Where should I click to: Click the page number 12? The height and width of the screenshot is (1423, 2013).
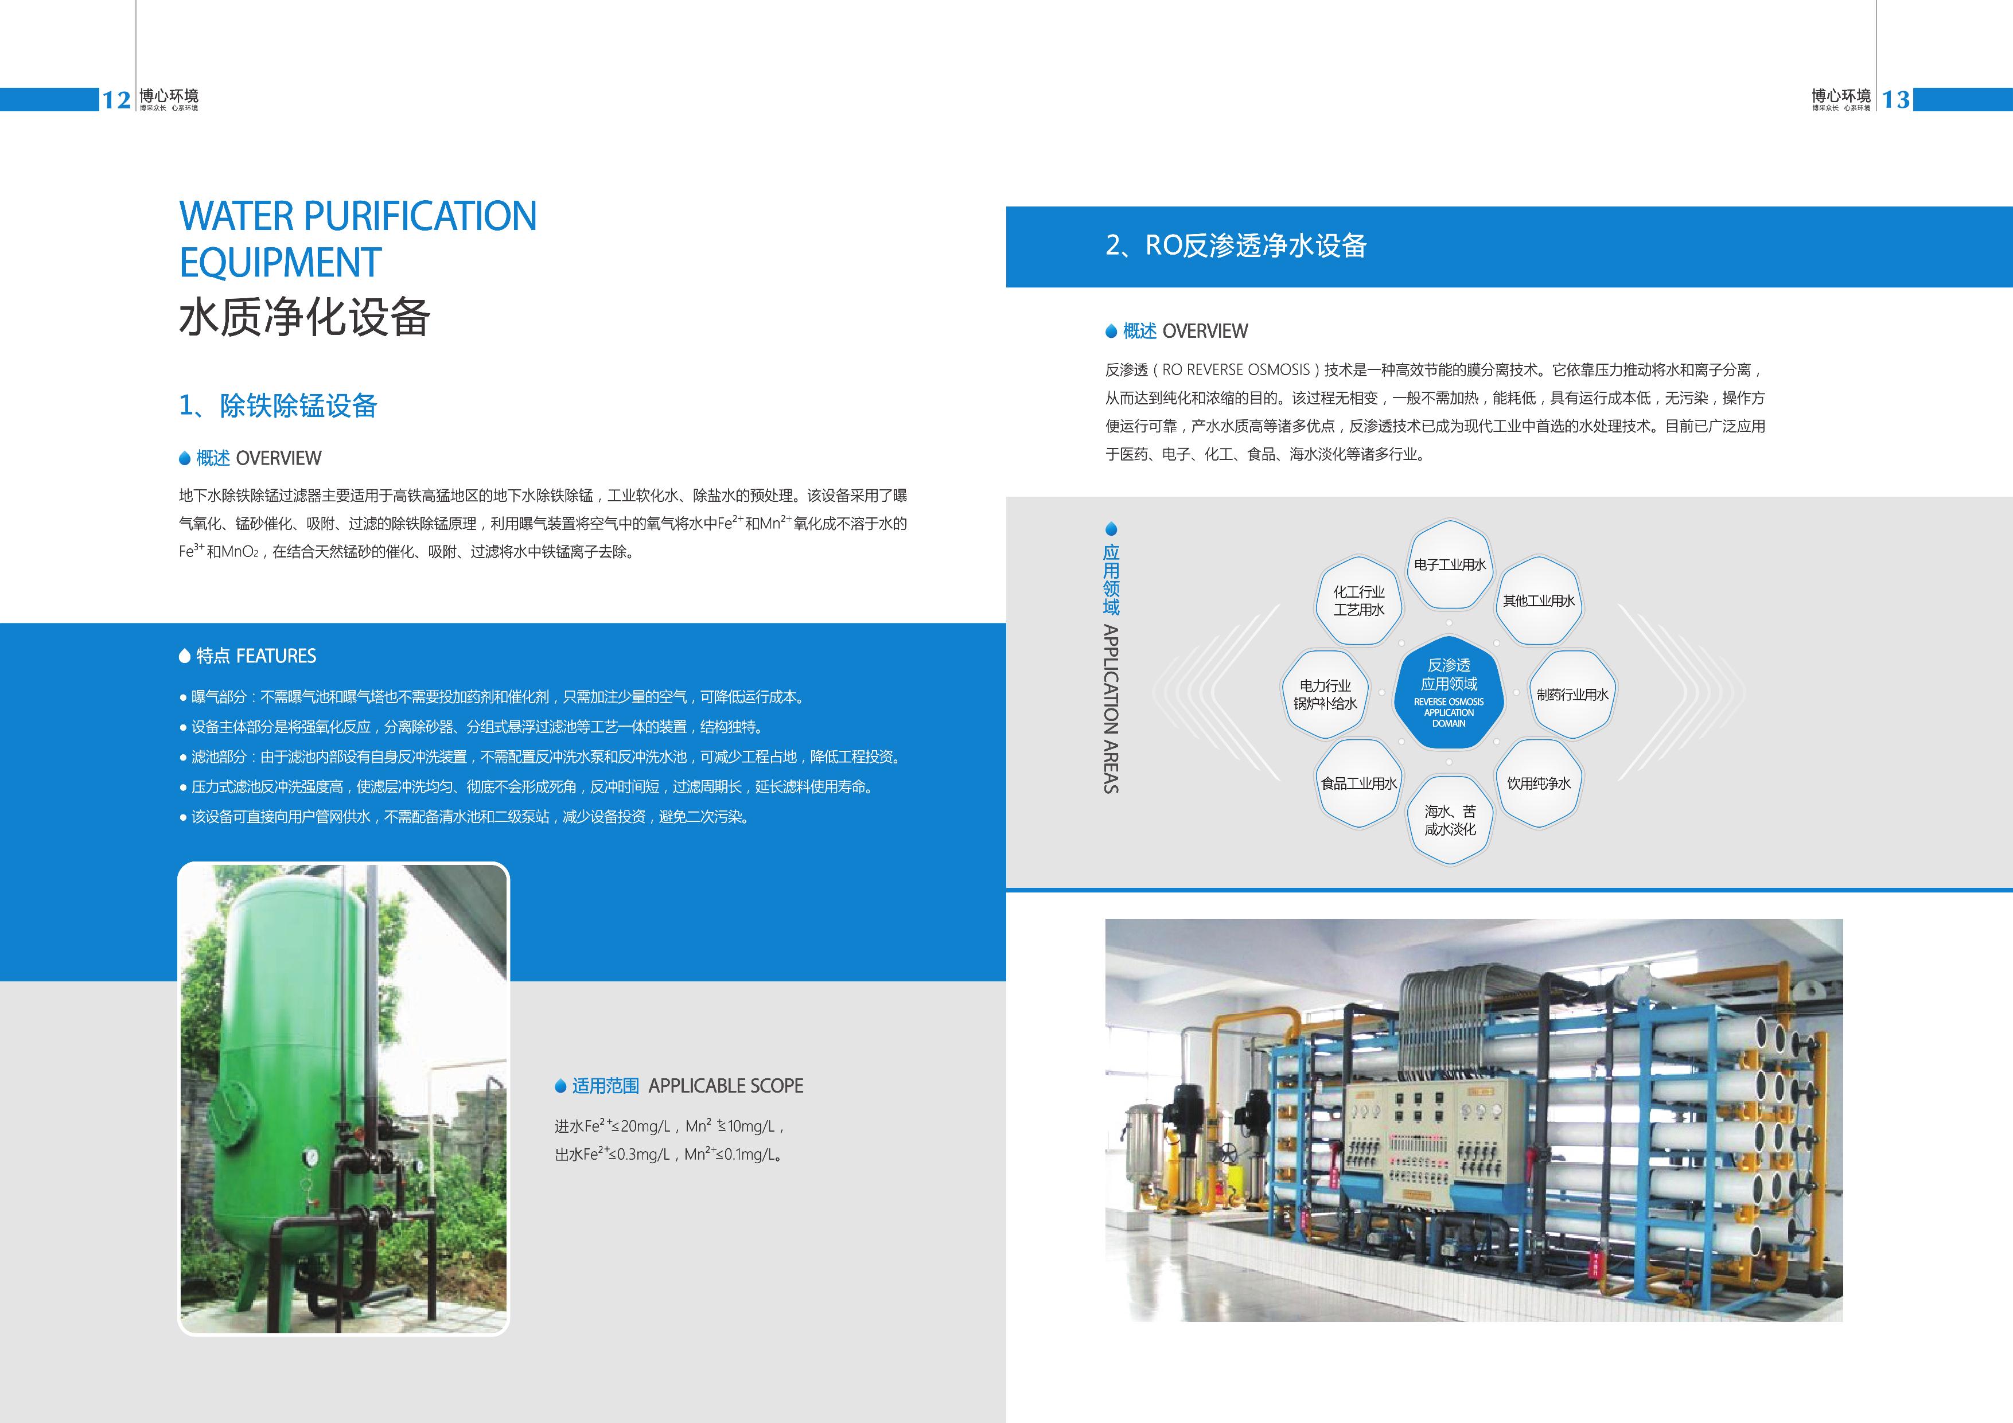116,100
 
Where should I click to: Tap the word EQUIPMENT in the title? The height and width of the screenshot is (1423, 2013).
280,262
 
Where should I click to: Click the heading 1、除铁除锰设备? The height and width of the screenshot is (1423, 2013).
278,405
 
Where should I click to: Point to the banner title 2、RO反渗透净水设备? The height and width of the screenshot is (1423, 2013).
1236,245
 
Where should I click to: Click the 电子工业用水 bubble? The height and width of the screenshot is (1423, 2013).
1450,564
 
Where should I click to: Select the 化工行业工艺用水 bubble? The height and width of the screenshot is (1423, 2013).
1359,601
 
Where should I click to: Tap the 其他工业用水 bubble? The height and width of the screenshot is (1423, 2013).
1539,601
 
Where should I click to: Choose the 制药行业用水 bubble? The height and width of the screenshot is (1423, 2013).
1572,693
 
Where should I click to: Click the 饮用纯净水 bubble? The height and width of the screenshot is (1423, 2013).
1539,783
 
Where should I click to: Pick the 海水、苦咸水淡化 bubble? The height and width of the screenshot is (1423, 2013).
1450,820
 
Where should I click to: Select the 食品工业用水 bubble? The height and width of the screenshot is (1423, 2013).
1359,783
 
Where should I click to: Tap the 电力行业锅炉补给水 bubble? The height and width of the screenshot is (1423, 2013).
1326,693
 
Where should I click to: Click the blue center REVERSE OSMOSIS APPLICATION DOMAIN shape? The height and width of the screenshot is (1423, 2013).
1449,693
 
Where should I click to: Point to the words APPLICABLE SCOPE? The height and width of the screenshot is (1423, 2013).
726,1085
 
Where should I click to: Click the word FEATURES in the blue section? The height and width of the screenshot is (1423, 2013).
276,656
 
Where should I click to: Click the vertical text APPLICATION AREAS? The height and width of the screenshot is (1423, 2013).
1111,708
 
